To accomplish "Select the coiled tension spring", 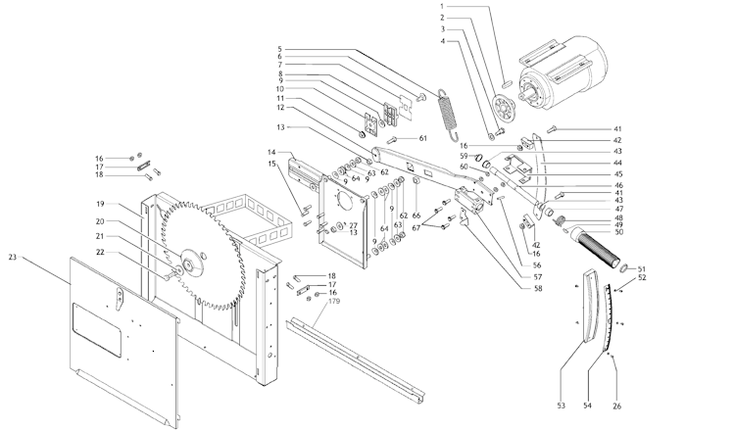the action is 448,114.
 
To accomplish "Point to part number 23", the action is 12,258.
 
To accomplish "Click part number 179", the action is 334,302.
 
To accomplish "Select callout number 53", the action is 562,406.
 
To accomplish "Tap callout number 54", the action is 587,406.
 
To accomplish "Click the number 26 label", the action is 616,407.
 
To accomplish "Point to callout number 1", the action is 442,7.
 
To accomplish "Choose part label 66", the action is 416,215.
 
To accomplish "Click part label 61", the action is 422,138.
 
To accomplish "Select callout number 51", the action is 641,269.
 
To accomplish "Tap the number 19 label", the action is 100,205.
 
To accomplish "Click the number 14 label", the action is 271,152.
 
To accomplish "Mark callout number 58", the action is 538,289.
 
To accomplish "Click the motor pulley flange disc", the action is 504,109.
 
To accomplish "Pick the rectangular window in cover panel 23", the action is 97,330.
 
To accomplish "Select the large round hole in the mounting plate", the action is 346,204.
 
